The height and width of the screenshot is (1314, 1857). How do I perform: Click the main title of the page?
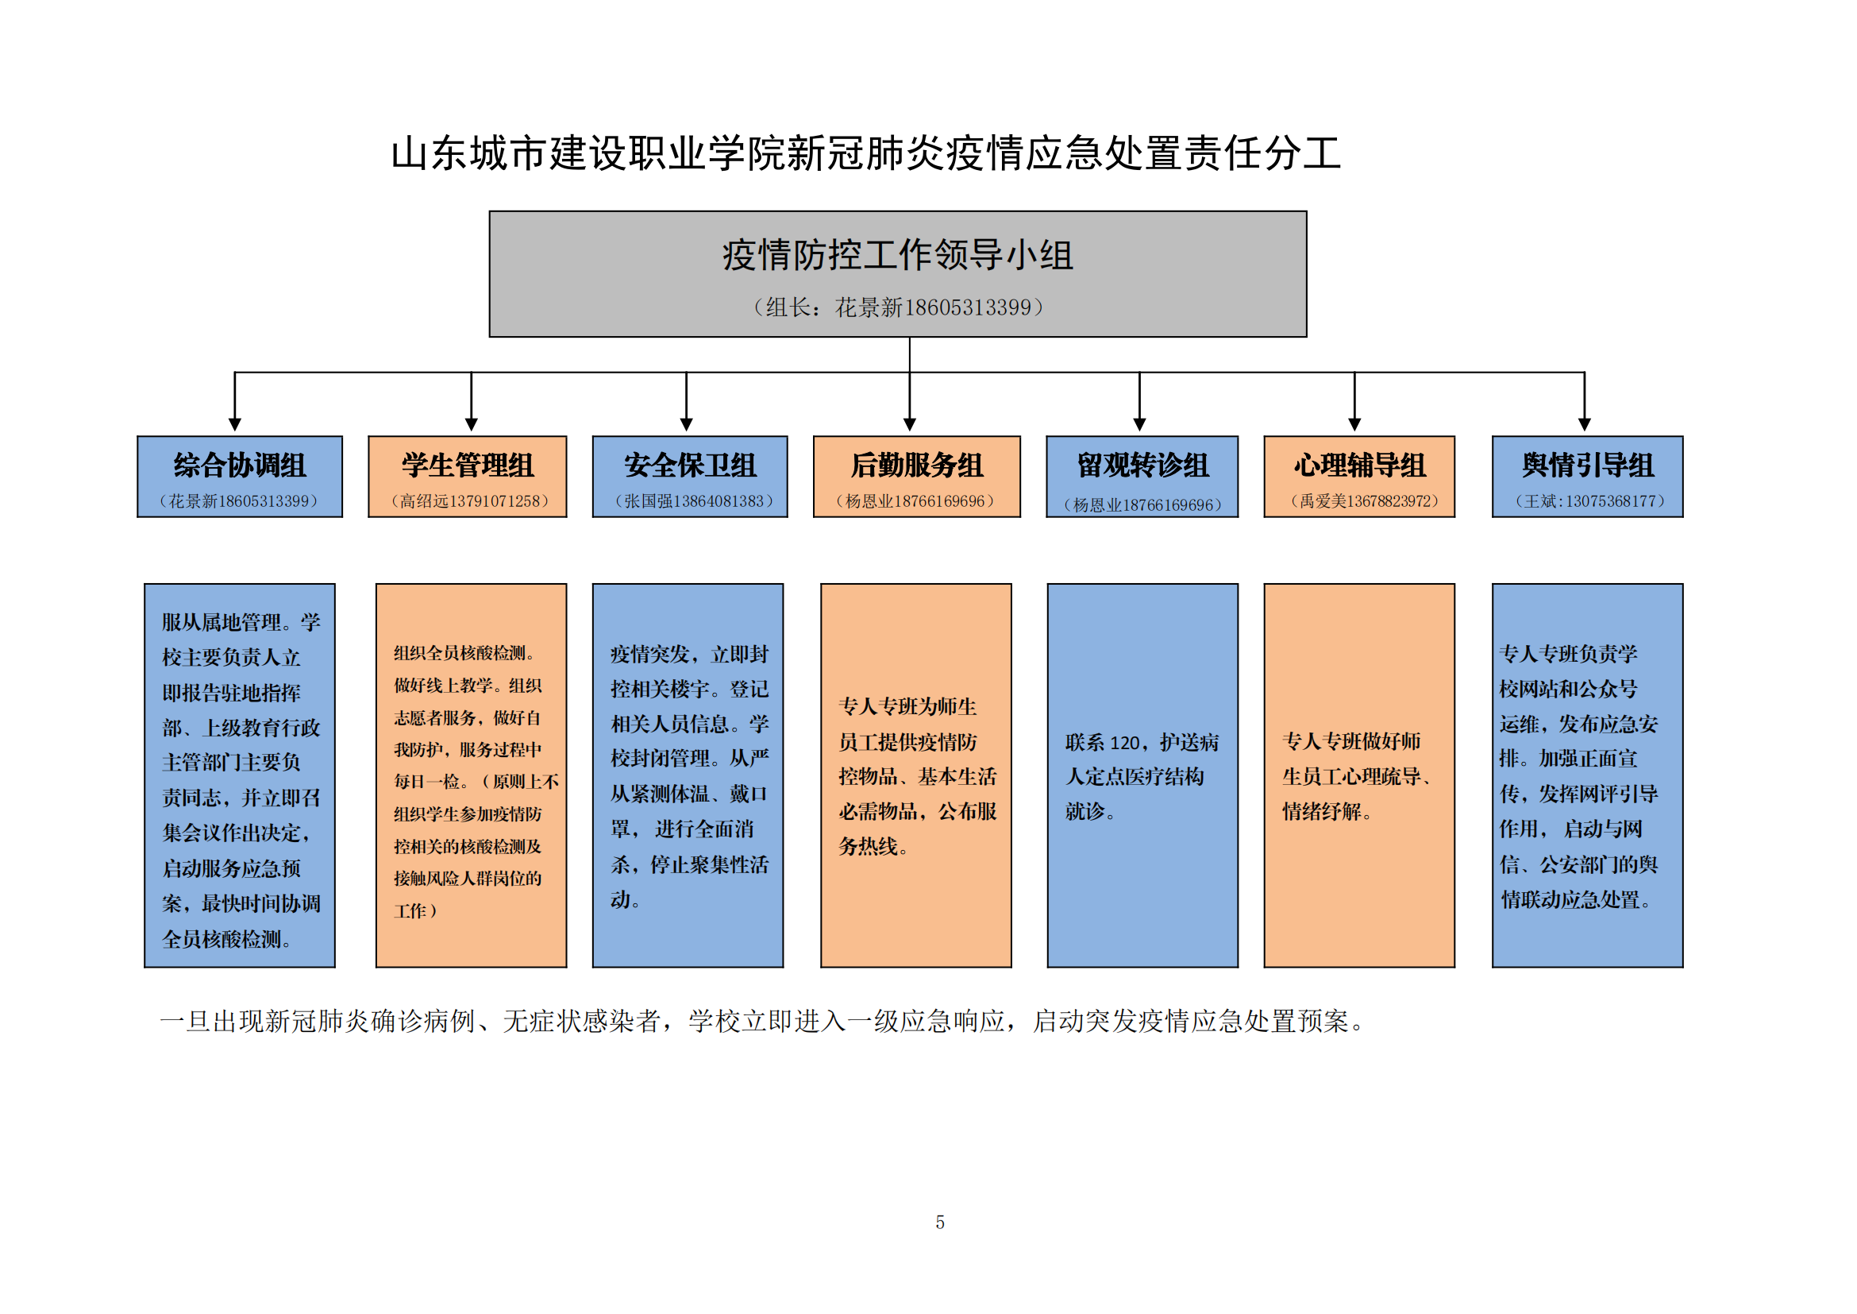click(x=865, y=154)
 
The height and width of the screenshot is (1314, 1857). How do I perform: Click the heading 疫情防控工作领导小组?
click(x=898, y=255)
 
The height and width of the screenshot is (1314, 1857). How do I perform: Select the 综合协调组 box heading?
click(x=240, y=466)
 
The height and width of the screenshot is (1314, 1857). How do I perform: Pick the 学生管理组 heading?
click(x=468, y=466)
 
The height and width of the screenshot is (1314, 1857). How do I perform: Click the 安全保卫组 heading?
click(x=690, y=466)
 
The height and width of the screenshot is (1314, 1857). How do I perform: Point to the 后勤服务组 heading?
click(x=916, y=466)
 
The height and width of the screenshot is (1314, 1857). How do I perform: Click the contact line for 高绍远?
click(x=470, y=501)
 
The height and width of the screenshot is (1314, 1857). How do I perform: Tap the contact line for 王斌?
click(x=1589, y=501)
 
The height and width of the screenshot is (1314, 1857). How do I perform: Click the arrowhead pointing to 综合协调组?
click(x=234, y=425)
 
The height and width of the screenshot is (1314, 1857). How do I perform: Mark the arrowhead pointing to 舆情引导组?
click(x=1585, y=425)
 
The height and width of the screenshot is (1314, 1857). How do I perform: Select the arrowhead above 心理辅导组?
click(x=1354, y=425)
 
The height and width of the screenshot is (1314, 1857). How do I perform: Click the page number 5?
click(x=940, y=1223)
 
